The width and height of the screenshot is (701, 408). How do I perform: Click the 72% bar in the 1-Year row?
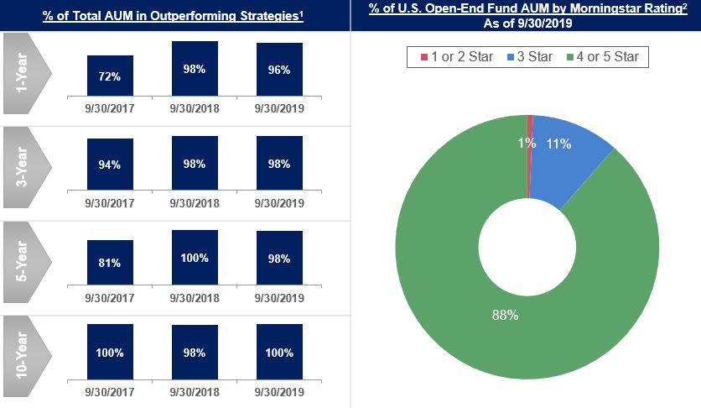tap(110, 76)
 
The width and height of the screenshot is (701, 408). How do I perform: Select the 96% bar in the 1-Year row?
tap(279, 70)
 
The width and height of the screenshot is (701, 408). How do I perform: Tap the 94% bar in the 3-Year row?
tap(110, 164)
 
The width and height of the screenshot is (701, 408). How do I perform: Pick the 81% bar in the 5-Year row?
tap(110, 261)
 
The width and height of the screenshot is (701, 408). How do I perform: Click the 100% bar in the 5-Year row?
tap(195, 257)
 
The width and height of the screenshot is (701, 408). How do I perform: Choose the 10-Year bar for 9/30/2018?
tap(195, 352)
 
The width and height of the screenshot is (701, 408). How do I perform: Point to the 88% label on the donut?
tap(505, 316)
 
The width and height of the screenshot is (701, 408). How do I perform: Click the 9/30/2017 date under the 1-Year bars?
tap(110, 108)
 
